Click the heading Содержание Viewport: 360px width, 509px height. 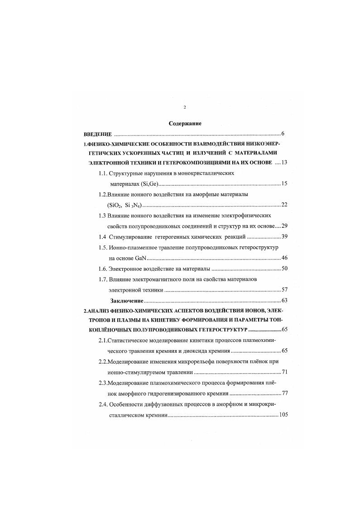185,123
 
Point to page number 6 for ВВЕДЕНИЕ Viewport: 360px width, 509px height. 283,134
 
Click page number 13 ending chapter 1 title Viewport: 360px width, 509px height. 284,162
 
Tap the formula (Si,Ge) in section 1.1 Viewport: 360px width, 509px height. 150,183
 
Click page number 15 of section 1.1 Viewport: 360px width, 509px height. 284,183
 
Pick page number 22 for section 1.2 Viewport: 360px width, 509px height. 284,205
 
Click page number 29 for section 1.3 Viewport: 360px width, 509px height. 284,226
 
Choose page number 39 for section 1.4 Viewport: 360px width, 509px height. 284,237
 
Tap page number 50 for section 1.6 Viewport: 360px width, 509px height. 284,269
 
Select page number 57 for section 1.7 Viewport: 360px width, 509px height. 284,290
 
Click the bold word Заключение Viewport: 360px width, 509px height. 127,301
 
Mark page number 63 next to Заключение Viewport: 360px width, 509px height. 284,301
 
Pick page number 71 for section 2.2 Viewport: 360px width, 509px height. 284,372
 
